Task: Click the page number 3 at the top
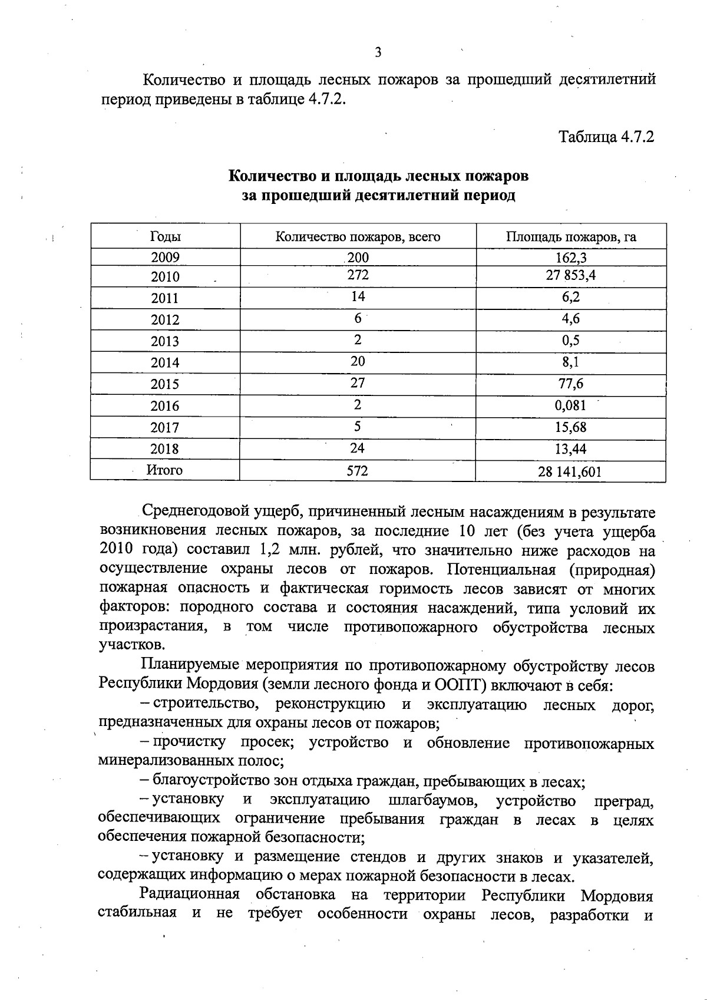[x=378, y=52]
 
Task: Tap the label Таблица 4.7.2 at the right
[x=606, y=137]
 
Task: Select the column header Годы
[x=166, y=237]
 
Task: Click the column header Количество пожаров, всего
[x=358, y=237]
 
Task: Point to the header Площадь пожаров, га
[x=570, y=237]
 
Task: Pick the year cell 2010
[x=165, y=277]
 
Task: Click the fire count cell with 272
[x=358, y=275]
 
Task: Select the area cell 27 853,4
[x=570, y=275]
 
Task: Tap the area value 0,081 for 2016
[x=570, y=405]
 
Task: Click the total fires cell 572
[x=357, y=471]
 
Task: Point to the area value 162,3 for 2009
[x=570, y=258]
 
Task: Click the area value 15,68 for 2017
[x=570, y=427]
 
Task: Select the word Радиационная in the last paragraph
[x=190, y=895]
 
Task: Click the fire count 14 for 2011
[x=358, y=296]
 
